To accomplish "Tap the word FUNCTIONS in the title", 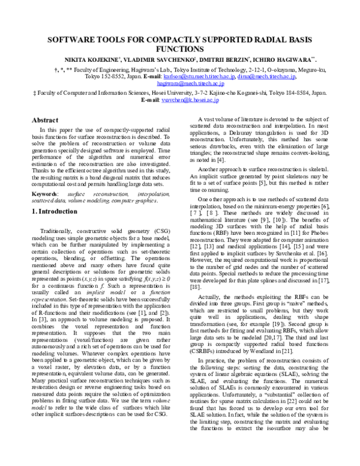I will (x=180, y=49).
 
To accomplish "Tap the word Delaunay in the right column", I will (x=260, y=134).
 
